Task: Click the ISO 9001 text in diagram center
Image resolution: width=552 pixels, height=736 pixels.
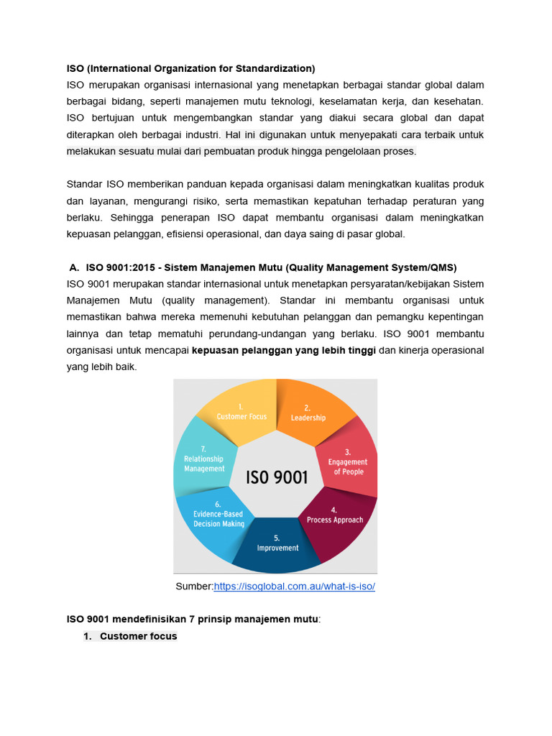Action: coord(277,477)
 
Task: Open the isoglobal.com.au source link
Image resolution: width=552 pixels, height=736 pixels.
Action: coord(295,586)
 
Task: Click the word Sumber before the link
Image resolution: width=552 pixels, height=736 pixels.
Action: coord(193,586)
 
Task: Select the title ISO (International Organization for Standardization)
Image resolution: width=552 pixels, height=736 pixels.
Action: coord(190,68)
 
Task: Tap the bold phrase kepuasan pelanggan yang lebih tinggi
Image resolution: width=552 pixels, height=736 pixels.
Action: coord(284,350)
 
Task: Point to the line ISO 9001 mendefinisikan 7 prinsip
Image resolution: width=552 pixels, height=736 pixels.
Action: coord(193,618)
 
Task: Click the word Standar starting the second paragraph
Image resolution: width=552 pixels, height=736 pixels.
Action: coord(85,184)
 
